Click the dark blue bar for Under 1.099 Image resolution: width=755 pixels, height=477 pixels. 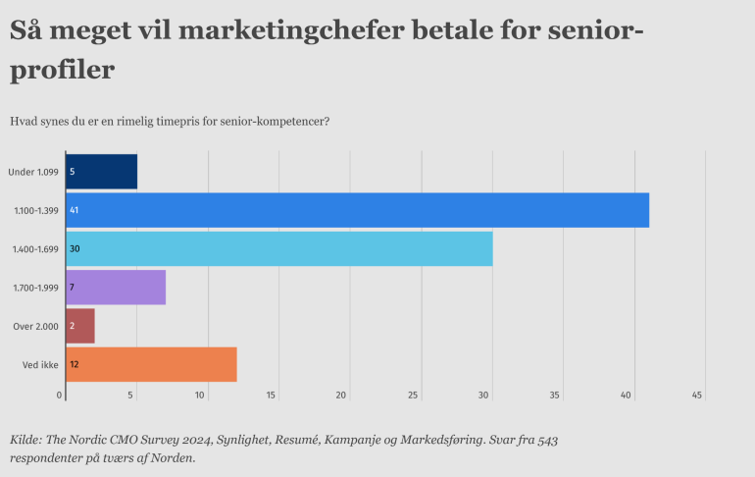point(101,172)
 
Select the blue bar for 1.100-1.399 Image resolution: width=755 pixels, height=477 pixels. point(357,210)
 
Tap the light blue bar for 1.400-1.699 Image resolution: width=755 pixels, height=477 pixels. point(279,248)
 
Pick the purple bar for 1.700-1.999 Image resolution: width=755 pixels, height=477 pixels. point(116,287)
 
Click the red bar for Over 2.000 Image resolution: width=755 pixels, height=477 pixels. point(80,326)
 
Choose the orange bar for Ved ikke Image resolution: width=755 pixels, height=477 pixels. point(151,364)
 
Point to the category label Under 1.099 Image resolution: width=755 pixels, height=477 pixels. point(33,172)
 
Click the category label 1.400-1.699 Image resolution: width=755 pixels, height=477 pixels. point(33,249)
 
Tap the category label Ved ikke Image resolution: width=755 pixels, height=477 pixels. point(38,365)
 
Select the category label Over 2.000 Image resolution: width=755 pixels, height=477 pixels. point(34,326)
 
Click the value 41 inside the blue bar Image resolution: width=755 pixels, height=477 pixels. point(75,210)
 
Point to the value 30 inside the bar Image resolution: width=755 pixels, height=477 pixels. point(75,249)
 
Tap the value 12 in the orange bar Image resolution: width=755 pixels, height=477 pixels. point(75,365)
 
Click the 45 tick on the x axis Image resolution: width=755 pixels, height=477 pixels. point(697,396)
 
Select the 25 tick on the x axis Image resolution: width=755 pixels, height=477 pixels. point(413,396)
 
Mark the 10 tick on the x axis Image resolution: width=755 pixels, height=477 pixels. point(200,396)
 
